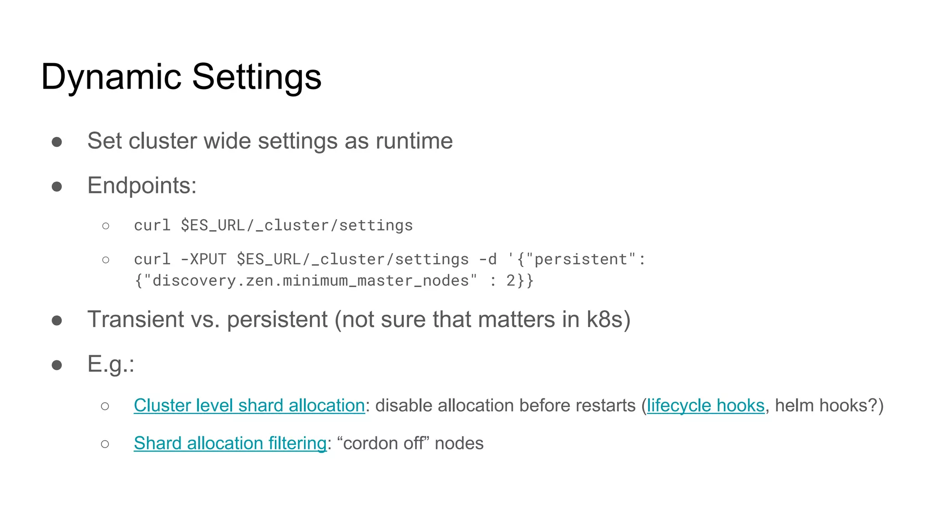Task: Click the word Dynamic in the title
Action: point(111,76)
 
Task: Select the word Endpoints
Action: point(142,186)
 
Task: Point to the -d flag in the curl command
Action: point(488,259)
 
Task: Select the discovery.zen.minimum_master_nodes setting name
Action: point(311,281)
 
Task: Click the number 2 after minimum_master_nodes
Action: point(511,281)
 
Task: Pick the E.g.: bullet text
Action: point(111,364)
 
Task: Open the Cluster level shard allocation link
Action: point(249,405)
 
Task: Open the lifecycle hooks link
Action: point(705,405)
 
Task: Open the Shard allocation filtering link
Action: point(230,443)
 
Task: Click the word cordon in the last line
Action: point(369,443)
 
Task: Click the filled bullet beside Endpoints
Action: point(57,186)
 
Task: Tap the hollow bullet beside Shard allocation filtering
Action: point(105,444)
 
